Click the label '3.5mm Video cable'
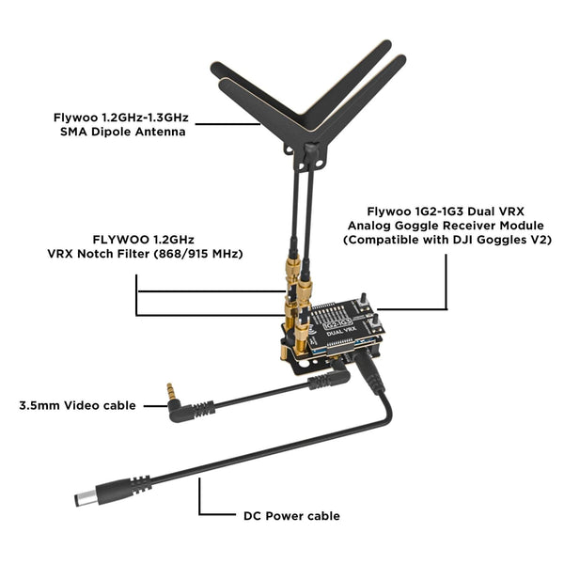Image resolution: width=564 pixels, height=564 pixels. pyautogui.click(x=78, y=405)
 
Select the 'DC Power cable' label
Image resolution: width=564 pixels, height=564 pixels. pyautogui.click(x=291, y=516)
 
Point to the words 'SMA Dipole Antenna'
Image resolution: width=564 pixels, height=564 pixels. pyautogui.click(x=123, y=132)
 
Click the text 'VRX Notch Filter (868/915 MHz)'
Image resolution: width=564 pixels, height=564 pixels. pyautogui.click(x=145, y=254)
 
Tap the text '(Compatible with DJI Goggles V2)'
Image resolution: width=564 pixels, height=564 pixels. pyautogui.click(x=447, y=240)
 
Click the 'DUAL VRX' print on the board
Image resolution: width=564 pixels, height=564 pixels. pyautogui.click(x=341, y=331)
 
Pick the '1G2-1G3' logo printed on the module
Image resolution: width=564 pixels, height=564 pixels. pyautogui.click(x=337, y=323)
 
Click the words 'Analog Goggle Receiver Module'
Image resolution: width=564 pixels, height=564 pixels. pyautogui.click(x=446, y=226)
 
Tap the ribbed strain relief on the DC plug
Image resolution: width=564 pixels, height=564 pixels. pyautogui.click(x=141, y=484)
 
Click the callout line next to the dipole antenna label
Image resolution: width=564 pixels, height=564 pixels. pyautogui.click(x=228, y=124)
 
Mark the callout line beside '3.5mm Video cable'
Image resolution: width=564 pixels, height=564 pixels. pyautogui.click(x=156, y=406)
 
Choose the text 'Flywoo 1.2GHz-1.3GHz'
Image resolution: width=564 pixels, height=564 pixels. pyautogui.click(x=121, y=117)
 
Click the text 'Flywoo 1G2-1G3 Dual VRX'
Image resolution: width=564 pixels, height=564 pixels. pyautogui.click(x=446, y=211)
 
